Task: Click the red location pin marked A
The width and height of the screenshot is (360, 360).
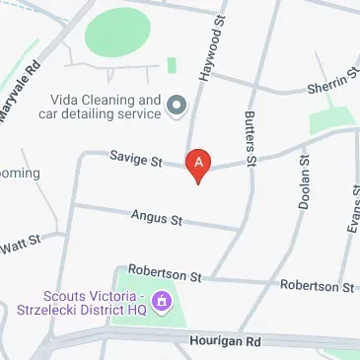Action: (198, 164)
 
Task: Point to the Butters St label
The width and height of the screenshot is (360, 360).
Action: (250, 139)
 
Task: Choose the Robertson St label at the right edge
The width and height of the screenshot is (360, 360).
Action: (316, 286)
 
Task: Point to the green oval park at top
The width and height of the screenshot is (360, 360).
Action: (124, 34)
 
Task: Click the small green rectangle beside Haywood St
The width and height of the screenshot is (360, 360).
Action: (172, 65)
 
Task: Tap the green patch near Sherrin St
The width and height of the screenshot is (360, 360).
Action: (329, 120)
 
